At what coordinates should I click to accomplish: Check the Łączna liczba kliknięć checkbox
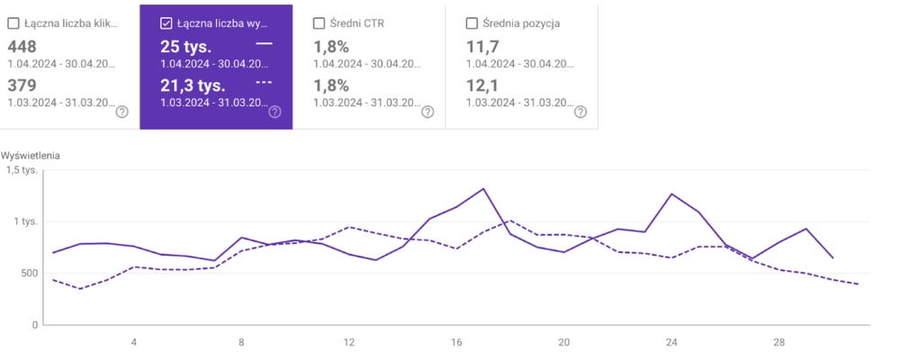point(13,23)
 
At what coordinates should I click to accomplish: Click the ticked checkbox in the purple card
point(166,23)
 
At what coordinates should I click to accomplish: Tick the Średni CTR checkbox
point(319,23)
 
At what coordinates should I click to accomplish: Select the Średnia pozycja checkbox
point(472,23)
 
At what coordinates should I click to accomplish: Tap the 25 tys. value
point(186,46)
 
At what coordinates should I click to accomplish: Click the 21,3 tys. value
point(193,85)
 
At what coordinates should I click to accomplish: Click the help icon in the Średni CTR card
point(427,112)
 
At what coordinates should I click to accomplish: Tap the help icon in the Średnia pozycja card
point(580,112)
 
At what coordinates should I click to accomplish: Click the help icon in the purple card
point(274,112)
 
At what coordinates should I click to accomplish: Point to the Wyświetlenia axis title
point(31,155)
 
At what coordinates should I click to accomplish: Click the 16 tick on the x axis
point(456,342)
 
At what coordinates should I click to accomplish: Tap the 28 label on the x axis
point(779,342)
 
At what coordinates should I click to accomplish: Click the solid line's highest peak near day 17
point(483,189)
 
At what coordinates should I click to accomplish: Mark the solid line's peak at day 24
point(671,193)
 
